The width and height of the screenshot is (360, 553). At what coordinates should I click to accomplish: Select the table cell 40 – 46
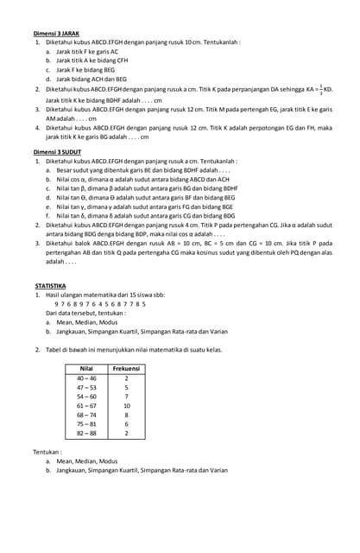(86, 378)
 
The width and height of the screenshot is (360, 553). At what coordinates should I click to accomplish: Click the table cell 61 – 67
(86, 405)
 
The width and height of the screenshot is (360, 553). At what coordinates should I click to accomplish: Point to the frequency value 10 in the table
(126, 405)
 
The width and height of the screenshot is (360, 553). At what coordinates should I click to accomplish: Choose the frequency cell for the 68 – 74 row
(126, 415)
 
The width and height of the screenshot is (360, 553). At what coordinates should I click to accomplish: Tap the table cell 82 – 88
(86, 433)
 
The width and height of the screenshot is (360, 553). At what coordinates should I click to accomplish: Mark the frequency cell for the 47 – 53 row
(126, 387)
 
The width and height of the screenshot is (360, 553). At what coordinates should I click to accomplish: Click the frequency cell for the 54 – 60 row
(126, 397)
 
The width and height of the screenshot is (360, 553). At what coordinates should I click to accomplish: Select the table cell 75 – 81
(86, 424)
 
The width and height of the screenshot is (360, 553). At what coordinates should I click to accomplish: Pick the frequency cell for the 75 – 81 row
(126, 424)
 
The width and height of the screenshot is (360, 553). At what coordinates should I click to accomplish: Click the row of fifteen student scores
(100, 303)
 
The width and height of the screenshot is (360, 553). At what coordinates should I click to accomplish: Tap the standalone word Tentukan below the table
(48, 452)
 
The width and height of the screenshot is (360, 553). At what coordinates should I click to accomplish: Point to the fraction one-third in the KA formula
(321, 88)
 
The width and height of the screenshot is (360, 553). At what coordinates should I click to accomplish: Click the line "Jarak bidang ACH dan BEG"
(92, 79)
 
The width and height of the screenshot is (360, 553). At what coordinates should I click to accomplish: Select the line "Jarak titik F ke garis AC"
(87, 51)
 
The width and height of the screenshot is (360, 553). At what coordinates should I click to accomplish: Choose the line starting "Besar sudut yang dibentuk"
(142, 170)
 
